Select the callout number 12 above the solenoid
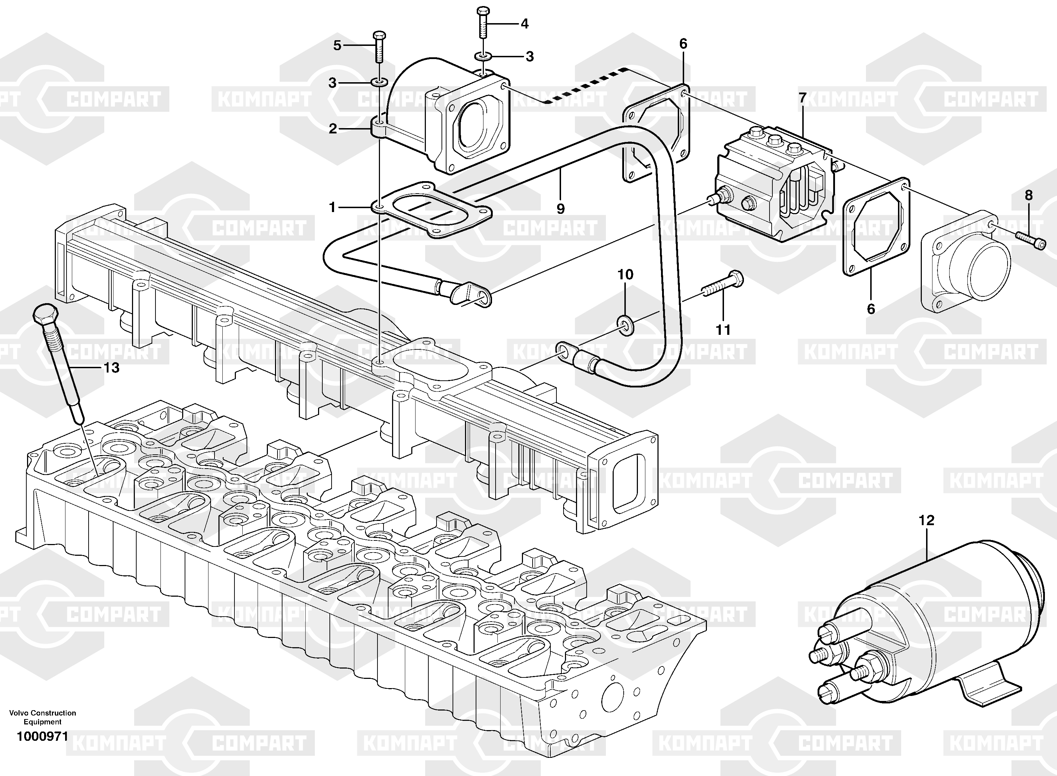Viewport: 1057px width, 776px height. coord(926,521)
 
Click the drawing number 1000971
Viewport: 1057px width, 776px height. coord(42,737)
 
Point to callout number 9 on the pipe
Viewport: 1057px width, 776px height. coord(560,208)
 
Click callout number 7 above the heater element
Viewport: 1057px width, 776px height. coord(803,98)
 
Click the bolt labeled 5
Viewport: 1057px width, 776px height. coord(379,47)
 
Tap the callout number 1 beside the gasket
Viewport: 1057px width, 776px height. coord(332,207)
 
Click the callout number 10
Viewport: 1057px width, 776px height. coord(625,274)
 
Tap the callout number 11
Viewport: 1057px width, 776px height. coord(723,330)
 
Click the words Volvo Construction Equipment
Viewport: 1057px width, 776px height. coord(42,717)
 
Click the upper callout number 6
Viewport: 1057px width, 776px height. coord(683,44)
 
